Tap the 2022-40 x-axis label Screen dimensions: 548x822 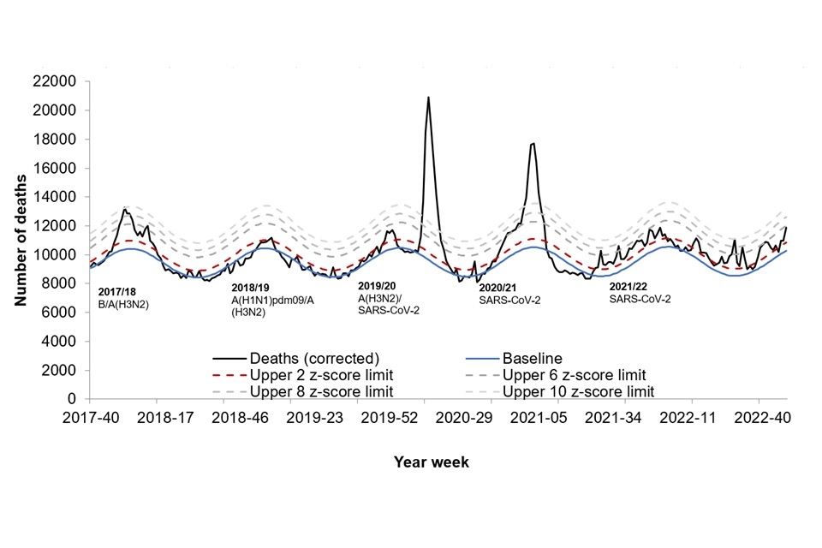(758, 419)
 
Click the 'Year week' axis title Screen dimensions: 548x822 (432, 462)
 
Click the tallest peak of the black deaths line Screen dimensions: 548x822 (428, 98)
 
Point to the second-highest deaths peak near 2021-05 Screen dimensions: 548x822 (533, 144)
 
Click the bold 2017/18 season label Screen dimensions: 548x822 (117, 293)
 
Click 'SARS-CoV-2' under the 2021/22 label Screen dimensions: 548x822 (640, 299)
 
